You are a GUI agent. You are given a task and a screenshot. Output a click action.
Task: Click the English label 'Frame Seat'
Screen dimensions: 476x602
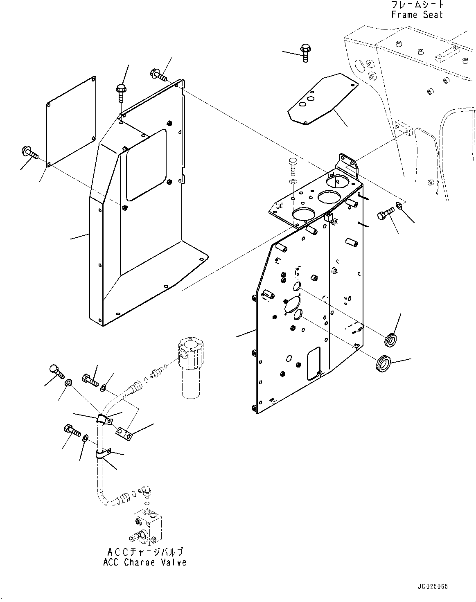click(x=417, y=15)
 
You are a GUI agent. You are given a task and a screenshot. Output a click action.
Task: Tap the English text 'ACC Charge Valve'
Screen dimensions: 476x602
click(x=144, y=562)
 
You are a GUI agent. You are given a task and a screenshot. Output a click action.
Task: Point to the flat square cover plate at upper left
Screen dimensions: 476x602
click(x=71, y=122)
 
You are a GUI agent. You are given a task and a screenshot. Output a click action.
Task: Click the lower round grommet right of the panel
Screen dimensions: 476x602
click(x=384, y=363)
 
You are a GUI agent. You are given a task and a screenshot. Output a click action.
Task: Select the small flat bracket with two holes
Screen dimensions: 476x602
click(x=124, y=434)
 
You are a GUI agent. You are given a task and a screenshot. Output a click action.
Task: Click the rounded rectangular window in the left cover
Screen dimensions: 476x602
click(x=146, y=165)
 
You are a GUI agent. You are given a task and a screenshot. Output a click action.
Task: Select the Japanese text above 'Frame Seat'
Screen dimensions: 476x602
click(x=417, y=4)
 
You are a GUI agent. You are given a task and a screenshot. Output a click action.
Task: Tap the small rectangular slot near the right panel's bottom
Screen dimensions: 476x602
click(x=314, y=363)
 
